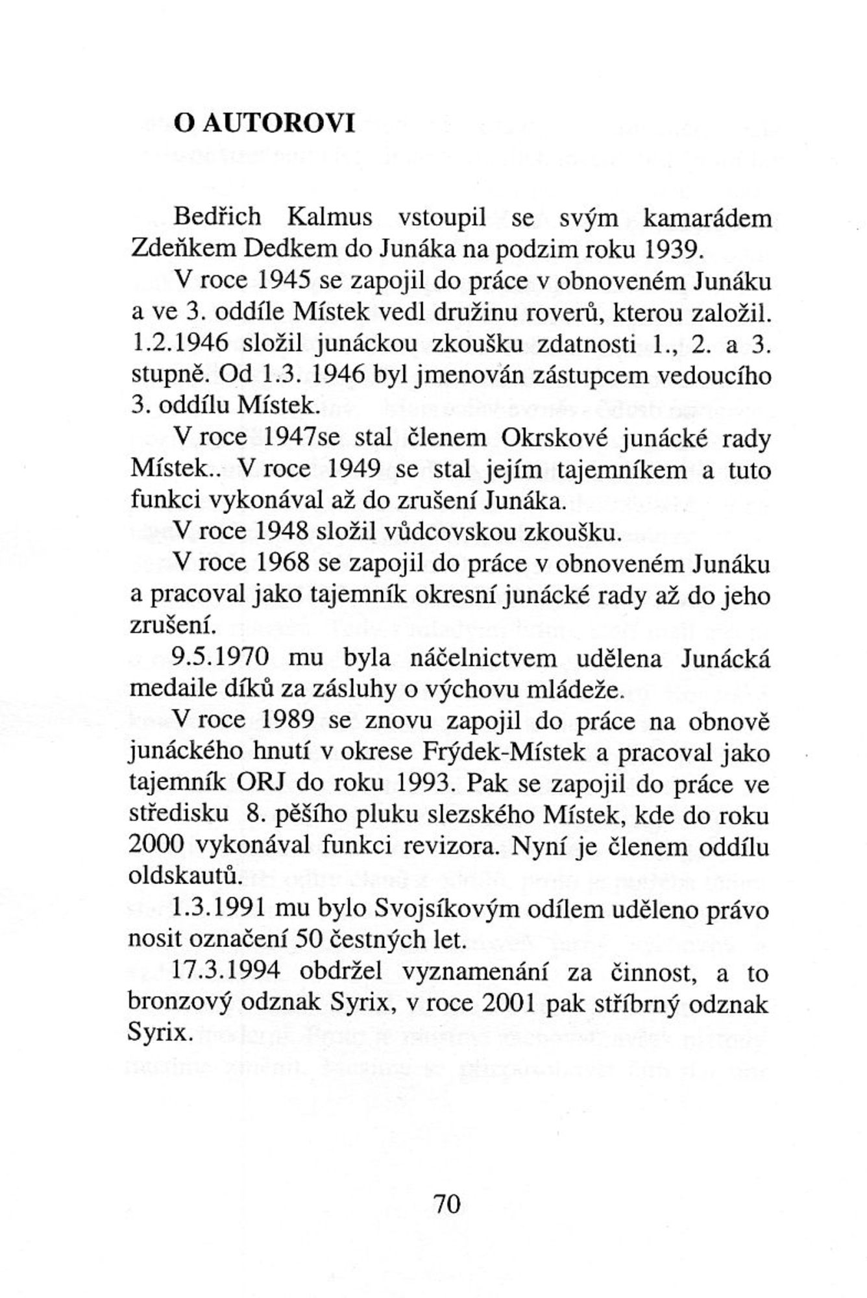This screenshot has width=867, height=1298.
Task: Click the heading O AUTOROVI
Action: point(264,123)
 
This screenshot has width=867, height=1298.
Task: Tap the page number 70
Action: point(446,1203)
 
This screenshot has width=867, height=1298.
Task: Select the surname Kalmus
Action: point(330,217)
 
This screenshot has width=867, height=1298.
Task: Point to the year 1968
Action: point(282,563)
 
